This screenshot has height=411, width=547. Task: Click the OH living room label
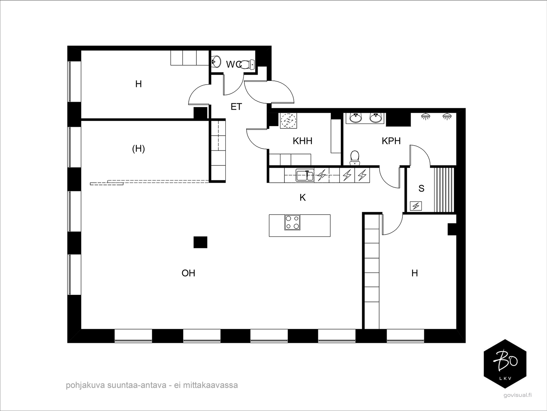click(188, 273)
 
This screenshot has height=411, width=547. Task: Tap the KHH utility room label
click(302, 141)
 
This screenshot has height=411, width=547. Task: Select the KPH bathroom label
click(391, 141)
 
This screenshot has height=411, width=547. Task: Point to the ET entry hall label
click(236, 107)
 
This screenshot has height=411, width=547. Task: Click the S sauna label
click(421, 188)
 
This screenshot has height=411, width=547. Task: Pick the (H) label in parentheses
click(138, 149)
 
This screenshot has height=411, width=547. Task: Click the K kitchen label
click(303, 198)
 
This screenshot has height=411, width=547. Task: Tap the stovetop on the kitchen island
click(292, 222)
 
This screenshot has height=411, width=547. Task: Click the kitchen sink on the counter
click(305, 175)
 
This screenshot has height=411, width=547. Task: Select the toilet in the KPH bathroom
click(355, 158)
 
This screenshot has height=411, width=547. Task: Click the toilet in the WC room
click(246, 64)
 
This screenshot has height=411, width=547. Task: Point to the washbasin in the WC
click(216, 62)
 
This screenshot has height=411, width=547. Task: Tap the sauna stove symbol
click(416, 206)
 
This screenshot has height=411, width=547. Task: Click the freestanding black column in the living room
click(200, 242)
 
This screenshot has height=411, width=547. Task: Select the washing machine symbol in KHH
click(289, 121)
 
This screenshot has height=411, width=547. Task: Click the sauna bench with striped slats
click(444, 190)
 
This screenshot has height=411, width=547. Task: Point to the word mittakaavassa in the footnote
click(210, 385)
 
